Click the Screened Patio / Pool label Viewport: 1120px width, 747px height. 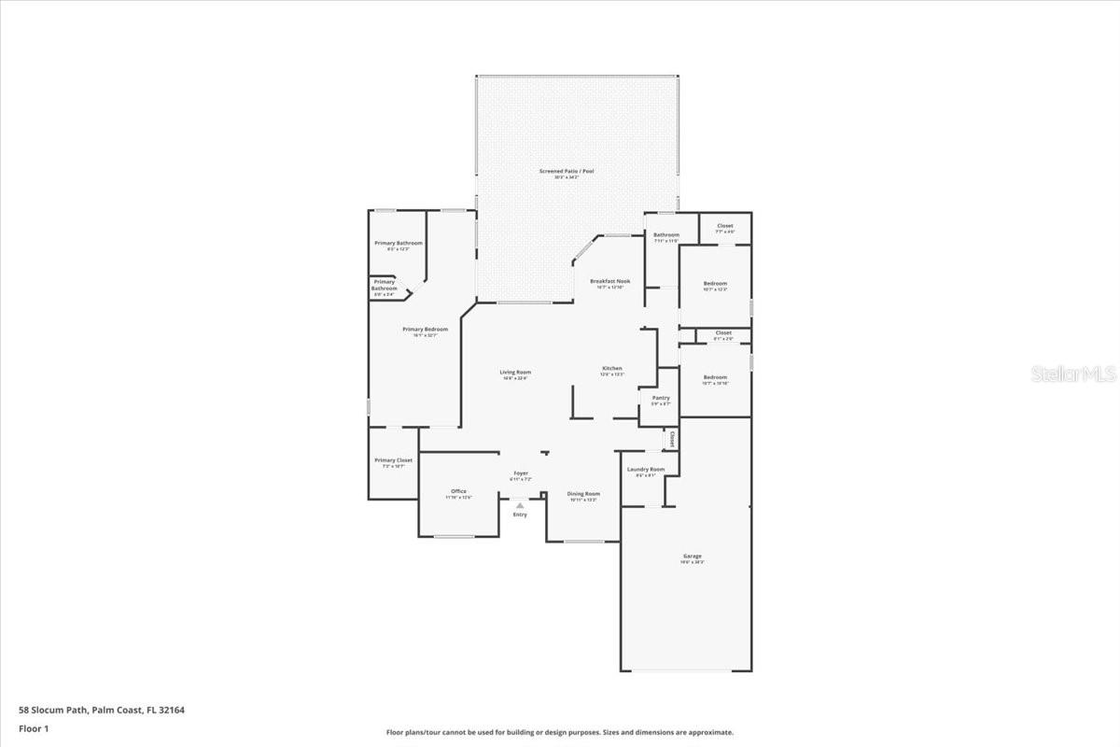click(567, 171)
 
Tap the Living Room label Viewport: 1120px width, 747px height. click(515, 372)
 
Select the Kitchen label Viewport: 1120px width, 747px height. click(612, 368)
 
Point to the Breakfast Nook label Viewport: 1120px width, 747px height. click(609, 281)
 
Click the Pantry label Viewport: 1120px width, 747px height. click(661, 398)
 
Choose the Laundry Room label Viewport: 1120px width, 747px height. click(646, 469)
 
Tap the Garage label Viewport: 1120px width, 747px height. click(692, 557)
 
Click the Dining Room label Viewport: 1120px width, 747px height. click(584, 494)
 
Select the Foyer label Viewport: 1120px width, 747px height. click(521, 472)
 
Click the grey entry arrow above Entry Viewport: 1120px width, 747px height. click(520, 505)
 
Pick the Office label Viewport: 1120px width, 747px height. click(458, 491)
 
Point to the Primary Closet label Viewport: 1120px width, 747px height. click(393, 460)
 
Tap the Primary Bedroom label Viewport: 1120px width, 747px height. click(425, 329)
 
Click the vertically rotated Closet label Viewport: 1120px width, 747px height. click(671, 438)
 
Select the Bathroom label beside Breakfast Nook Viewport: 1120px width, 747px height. click(666, 235)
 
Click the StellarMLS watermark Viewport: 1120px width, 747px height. click(1073, 374)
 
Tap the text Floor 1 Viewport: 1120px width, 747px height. click(34, 728)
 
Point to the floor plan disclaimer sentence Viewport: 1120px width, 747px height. click(560, 733)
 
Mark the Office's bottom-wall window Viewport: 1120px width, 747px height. click(455, 536)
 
